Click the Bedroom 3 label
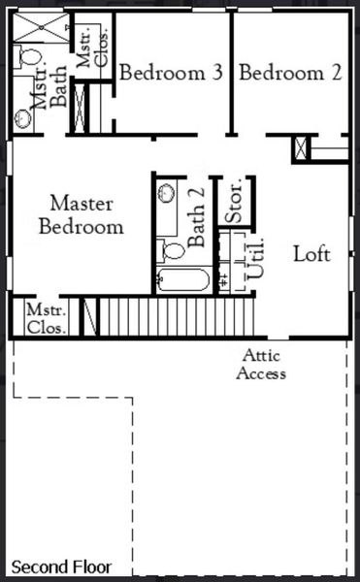(172, 73)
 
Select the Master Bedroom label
(82, 216)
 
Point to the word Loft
(311, 255)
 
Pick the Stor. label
(233, 202)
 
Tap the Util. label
(257, 260)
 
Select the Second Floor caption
(61, 566)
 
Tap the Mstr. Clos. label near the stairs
(46, 318)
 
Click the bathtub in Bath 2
(181, 281)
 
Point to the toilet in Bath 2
(173, 250)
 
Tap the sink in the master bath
(23, 118)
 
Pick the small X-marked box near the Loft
(301, 148)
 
